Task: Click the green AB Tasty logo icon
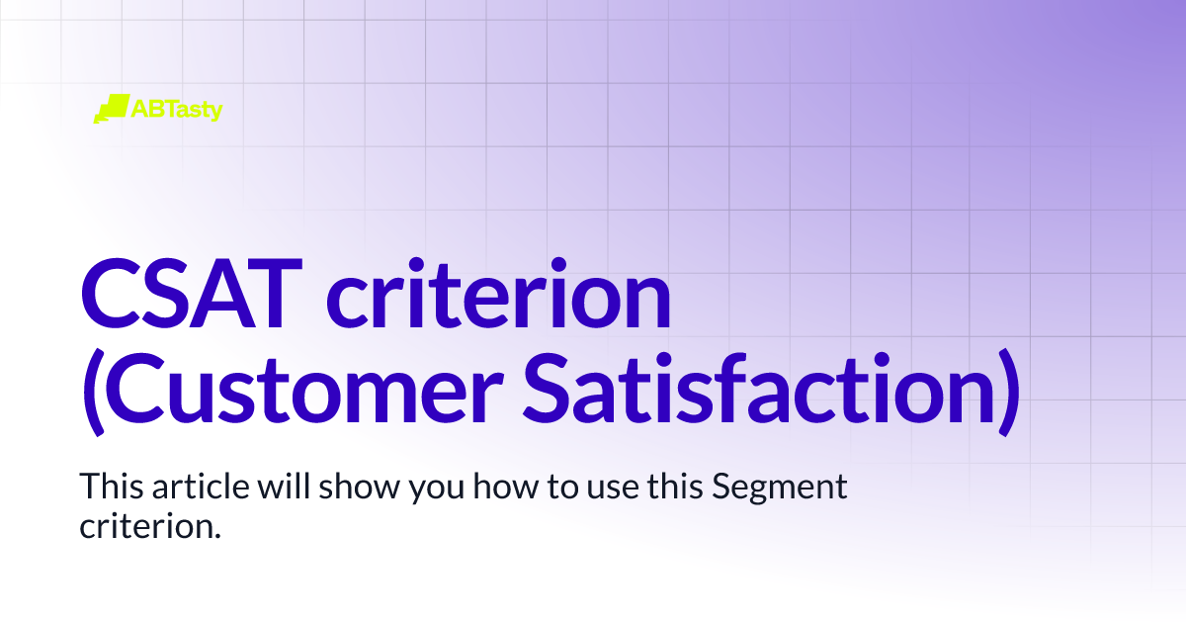pos(111,109)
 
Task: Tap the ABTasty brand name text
pos(177,109)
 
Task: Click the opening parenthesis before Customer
pos(93,393)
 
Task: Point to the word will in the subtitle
pos(264,488)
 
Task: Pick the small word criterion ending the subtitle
pos(142,525)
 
